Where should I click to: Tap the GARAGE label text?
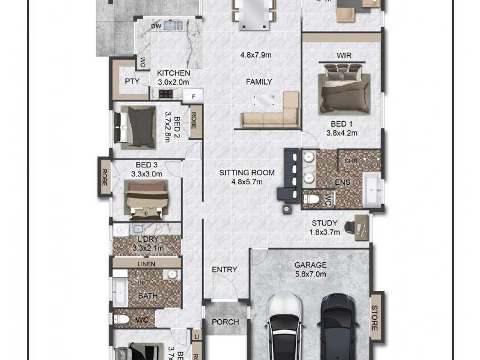(x=310, y=265)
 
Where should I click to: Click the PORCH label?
(x=225, y=322)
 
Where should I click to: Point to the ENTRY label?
(x=224, y=270)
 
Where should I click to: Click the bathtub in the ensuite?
(x=373, y=189)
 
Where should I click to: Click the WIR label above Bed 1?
(x=344, y=56)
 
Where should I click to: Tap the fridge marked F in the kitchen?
(x=193, y=96)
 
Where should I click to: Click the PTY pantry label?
(x=132, y=82)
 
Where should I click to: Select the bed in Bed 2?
(x=139, y=127)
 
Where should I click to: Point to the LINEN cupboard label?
(x=146, y=264)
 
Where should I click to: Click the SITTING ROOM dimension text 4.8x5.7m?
(x=247, y=182)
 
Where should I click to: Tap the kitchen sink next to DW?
(x=175, y=26)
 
